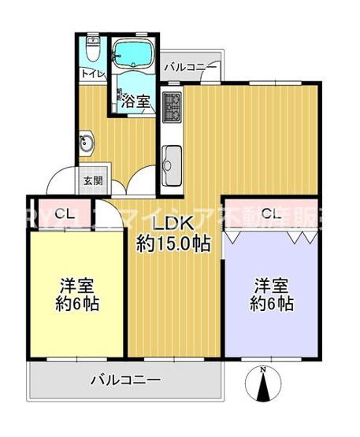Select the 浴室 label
[x=135, y=100]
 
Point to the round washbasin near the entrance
[x=87, y=144]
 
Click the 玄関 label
[x=93, y=180]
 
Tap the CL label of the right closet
[x=271, y=213]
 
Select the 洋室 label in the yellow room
[x=76, y=285]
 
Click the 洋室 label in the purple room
[x=272, y=285]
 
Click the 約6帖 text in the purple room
[x=272, y=304]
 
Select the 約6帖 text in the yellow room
[x=76, y=304]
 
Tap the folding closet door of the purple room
[x=271, y=234]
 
